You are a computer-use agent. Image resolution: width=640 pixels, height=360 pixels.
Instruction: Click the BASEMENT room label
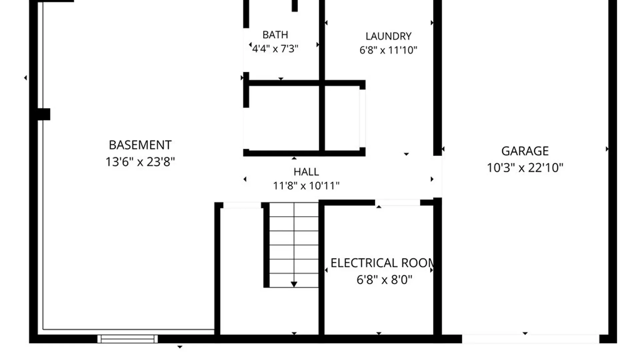tap(140, 145)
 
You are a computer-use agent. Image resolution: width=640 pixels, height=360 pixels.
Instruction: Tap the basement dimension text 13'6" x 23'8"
tap(140, 162)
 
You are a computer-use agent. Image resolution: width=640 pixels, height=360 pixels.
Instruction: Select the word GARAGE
tap(525, 151)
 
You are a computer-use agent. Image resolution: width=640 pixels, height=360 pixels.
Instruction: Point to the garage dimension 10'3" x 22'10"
tap(525, 167)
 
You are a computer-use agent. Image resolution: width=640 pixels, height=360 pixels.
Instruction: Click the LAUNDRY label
tap(388, 36)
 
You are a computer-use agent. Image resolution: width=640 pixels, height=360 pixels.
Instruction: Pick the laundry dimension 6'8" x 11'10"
tap(388, 50)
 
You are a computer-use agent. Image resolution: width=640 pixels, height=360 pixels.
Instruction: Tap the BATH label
tap(275, 35)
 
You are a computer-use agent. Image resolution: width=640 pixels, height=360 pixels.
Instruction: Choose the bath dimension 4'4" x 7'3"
tap(275, 49)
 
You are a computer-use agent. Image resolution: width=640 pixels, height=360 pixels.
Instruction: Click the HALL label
tap(306, 172)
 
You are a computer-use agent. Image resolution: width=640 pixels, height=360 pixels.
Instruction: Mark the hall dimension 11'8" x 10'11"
tap(306, 186)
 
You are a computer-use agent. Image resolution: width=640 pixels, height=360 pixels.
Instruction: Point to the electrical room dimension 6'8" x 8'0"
tap(384, 279)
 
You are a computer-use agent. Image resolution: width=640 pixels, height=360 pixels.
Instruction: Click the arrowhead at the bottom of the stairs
tap(294, 284)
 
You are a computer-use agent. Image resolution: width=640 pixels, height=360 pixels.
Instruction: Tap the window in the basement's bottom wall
tap(127, 339)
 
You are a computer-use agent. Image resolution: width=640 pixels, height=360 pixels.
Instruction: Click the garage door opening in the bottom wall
tap(531, 339)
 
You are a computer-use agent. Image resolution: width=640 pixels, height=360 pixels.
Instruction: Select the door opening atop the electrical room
tap(398, 203)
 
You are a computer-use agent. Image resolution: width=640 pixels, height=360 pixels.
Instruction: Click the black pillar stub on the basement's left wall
tap(44, 114)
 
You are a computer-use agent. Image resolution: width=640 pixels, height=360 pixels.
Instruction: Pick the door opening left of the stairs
tap(242, 205)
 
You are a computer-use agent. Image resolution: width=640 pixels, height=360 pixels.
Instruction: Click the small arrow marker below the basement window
tap(180, 347)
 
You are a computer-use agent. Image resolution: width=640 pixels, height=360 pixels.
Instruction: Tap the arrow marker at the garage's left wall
tap(443, 149)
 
